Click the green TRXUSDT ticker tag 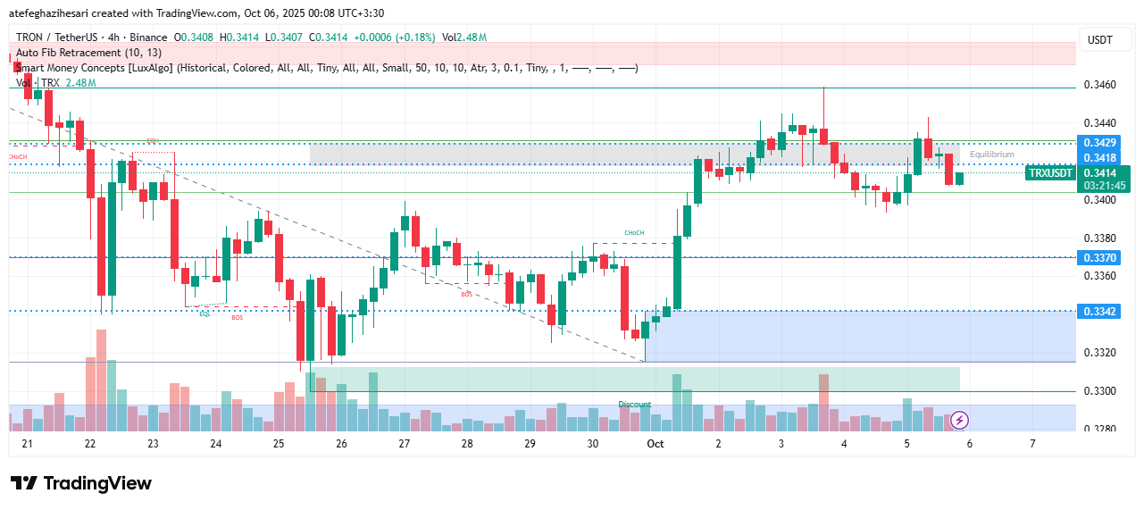[1050, 173]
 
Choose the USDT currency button [1098, 40]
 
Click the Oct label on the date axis [656, 444]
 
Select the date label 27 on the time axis [404, 444]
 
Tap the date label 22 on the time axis [89, 444]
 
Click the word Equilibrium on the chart [991, 155]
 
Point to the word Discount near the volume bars [634, 405]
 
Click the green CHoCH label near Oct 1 [634, 233]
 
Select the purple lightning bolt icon [959, 419]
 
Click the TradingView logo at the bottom [81, 483]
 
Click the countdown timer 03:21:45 [1106, 186]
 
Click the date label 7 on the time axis [1032, 444]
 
